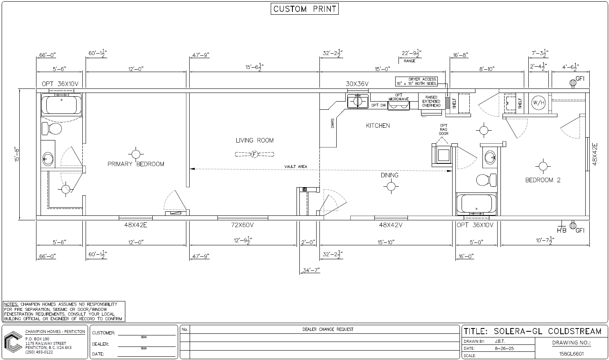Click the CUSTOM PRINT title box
pyautogui.click(x=305, y=9)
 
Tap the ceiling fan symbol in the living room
pyautogui.click(x=254, y=154)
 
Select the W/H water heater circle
pyautogui.click(x=539, y=103)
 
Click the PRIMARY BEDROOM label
pyautogui.click(x=136, y=164)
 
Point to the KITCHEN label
pyautogui.click(x=378, y=126)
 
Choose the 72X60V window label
pyautogui.click(x=242, y=225)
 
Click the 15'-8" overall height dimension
pyautogui.click(x=17, y=154)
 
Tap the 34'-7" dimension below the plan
pyautogui.click(x=311, y=270)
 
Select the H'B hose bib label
pyautogui.click(x=561, y=230)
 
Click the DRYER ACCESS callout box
pyautogui.click(x=416, y=82)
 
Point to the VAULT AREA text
pyautogui.click(x=296, y=167)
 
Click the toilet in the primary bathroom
pyautogui.click(x=52, y=128)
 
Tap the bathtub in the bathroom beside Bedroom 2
pyautogui.click(x=476, y=204)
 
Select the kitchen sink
pyautogui.click(x=358, y=102)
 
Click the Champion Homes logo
pyautogui.click(x=13, y=342)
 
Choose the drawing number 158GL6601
pyautogui.click(x=571, y=354)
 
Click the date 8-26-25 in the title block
pyautogui.click(x=504, y=349)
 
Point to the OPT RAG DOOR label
pyautogui.click(x=444, y=129)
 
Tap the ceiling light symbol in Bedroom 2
pyautogui.click(x=543, y=166)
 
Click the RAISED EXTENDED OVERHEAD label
pyautogui.click(x=431, y=102)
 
